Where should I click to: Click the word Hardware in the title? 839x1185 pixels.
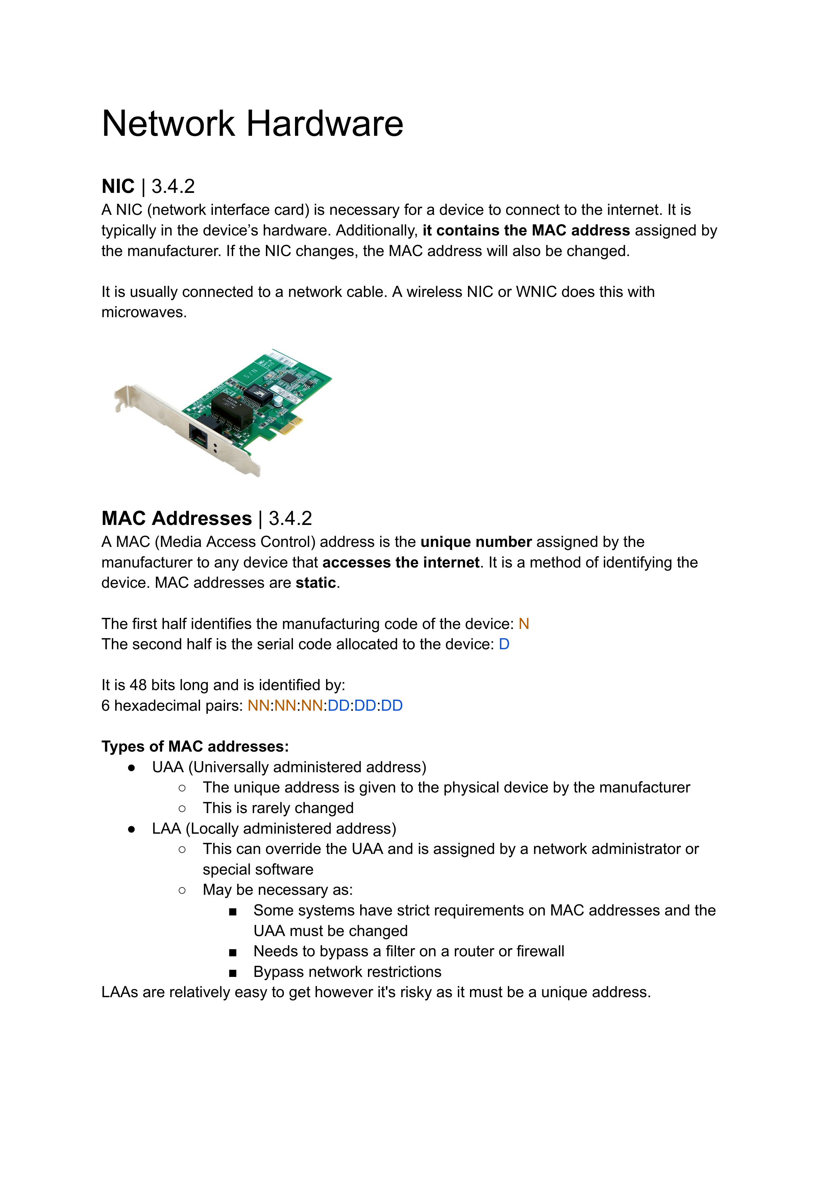tap(324, 124)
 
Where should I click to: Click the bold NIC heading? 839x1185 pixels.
tap(118, 186)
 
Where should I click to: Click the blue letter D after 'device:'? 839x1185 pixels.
tap(504, 645)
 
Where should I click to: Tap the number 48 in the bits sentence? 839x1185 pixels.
tap(138, 685)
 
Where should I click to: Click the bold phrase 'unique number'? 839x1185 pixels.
tap(476, 542)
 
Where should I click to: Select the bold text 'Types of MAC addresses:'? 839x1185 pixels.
tap(195, 747)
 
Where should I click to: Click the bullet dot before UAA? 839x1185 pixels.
tap(132, 768)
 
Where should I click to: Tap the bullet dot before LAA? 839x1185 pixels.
tap(132, 829)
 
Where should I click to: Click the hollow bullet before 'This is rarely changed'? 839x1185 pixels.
tap(182, 809)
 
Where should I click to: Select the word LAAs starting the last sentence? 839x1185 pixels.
tap(119, 992)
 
